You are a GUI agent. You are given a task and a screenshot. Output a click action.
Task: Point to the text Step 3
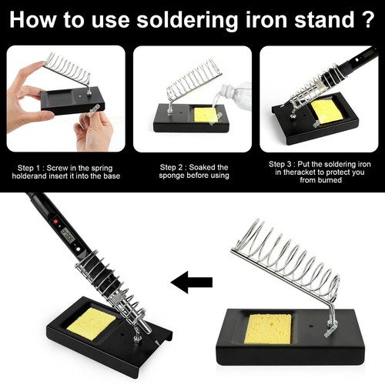(284, 164)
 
